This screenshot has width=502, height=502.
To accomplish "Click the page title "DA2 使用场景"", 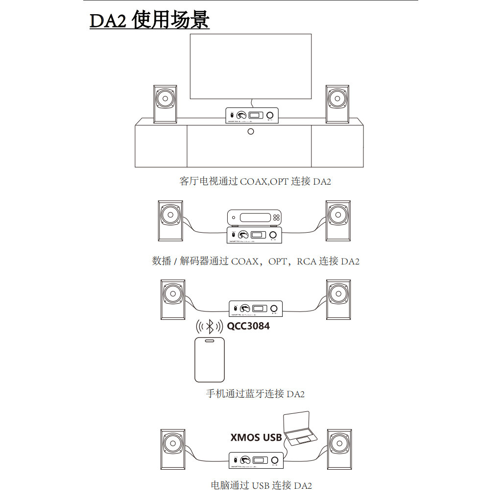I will [149, 21].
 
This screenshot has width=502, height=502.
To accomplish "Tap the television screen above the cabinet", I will [250, 67].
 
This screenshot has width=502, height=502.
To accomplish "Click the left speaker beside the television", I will [165, 104].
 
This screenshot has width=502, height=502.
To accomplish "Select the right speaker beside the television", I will [337, 104].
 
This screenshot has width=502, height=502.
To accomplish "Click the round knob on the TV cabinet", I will [251, 132].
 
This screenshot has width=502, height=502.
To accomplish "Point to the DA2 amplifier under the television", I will [251, 115].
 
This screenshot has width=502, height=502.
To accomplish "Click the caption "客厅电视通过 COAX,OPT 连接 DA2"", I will [255, 182].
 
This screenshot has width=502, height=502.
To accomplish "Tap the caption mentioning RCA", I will [255, 262].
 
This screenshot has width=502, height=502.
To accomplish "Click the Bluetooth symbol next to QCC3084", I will [210, 326].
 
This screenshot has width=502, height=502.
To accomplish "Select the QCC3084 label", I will [248, 326].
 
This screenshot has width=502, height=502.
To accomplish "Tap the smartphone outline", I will [209, 359].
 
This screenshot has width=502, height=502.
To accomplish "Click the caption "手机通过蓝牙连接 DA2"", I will [255, 394].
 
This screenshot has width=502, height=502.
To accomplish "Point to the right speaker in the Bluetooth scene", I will [338, 300].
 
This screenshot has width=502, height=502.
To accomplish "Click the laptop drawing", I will [300, 430].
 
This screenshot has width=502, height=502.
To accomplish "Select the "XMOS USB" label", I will [256, 437].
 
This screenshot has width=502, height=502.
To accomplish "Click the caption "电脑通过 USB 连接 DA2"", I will [261, 486].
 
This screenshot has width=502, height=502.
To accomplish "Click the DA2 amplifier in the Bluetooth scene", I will [255, 308].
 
